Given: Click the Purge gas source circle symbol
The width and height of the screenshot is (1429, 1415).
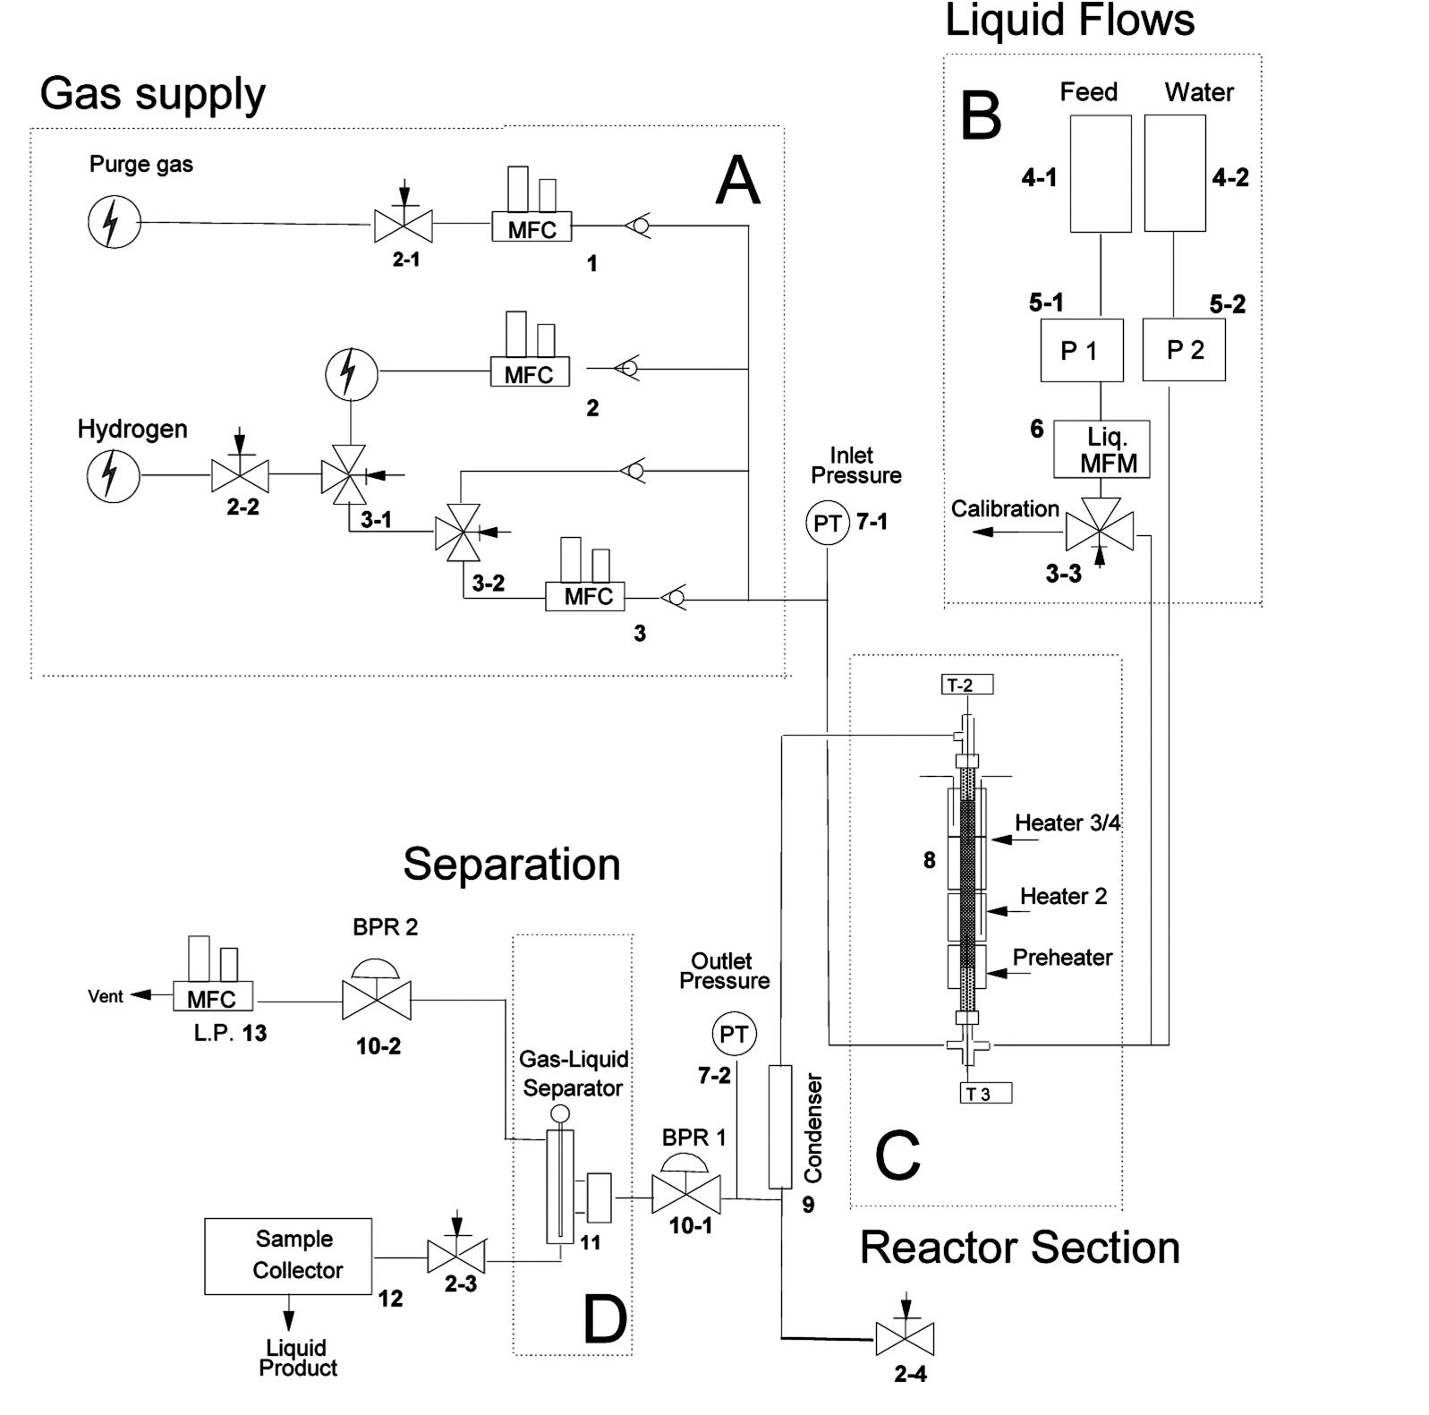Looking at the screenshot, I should click(x=114, y=222).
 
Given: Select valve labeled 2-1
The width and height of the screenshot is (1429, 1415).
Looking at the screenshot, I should click(x=403, y=225).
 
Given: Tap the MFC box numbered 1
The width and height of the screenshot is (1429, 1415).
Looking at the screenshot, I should click(x=532, y=228).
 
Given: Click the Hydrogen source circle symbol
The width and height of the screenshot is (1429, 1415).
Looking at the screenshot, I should click(x=114, y=475).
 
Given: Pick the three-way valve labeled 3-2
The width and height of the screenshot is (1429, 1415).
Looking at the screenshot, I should click(x=457, y=533).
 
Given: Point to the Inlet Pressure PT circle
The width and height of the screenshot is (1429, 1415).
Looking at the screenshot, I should click(x=827, y=523).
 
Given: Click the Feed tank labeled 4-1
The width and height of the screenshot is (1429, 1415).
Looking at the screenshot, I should click(x=1101, y=174).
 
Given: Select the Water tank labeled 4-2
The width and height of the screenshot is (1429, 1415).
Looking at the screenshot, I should click(x=1175, y=174).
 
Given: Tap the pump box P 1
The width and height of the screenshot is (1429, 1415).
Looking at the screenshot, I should click(x=1081, y=350).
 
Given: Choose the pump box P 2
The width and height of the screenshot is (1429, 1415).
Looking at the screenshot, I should click(x=1184, y=350).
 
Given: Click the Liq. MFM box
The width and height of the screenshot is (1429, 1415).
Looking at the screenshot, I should click(x=1102, y=449).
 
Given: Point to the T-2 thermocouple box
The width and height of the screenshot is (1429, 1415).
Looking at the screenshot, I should click(x=967, y=686).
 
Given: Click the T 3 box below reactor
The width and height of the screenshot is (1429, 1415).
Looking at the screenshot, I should click(x=986, y=1093).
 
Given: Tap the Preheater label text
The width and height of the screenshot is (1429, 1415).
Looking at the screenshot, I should click(x=1062, y=958).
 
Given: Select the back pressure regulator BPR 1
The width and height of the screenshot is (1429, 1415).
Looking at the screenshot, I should click(x=685, y=1195).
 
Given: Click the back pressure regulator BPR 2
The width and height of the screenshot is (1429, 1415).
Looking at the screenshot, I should click(x=377, y=999).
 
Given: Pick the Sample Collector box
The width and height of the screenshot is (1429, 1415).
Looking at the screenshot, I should click(x=287, y=1256).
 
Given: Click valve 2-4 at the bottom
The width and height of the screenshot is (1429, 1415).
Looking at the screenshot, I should click(x=905, y=1339).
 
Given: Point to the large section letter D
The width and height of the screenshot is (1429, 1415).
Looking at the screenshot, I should click(x=605, y=1320).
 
